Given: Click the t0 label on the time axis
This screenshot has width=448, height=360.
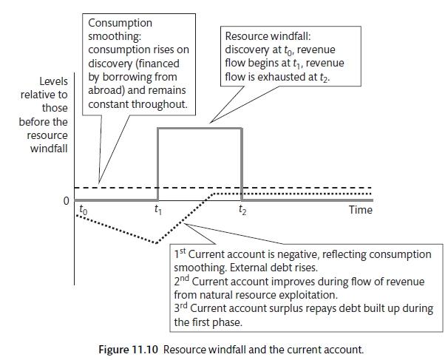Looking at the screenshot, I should (82, 210).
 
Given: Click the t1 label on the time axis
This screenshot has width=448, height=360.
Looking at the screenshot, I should (157, 210).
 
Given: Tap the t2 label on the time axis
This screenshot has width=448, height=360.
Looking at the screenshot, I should (242, 210).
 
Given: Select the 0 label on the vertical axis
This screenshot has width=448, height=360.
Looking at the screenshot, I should (67, 200).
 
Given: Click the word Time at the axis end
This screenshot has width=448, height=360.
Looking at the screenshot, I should (360, 210).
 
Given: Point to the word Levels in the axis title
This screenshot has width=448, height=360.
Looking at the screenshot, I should (53, 81).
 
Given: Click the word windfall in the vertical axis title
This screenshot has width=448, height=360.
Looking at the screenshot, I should (49, 149).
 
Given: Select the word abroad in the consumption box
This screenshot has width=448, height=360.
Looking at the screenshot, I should (106, 91).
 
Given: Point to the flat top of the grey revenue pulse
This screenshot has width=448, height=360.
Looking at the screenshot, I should (200, 129).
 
